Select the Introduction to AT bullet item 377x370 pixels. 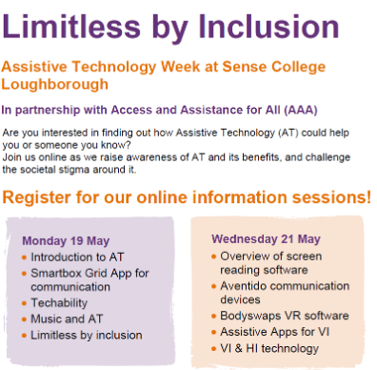(76, 257)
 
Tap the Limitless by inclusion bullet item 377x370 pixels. (86, 335)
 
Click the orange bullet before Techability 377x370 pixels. (23, 303)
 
